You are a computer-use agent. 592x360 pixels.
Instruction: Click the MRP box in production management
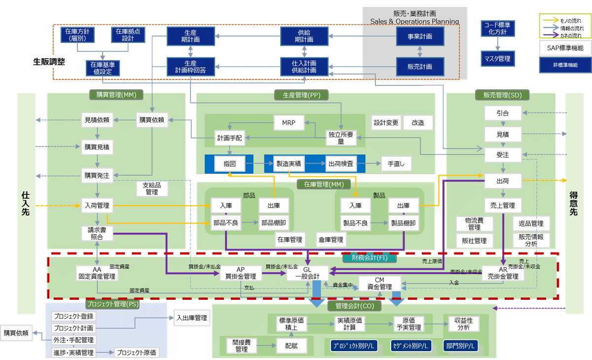point(289,123)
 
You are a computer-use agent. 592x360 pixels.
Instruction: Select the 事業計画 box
point(420,36)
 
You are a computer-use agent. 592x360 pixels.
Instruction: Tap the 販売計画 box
point(420,67)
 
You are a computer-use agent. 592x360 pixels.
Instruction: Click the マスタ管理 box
point(498,59)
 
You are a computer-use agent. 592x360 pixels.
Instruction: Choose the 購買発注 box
point(97,175)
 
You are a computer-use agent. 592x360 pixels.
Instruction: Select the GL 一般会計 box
point(307,272)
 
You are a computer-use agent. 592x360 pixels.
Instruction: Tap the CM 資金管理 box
point(379,284)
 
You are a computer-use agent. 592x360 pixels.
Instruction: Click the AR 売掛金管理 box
point(503,273)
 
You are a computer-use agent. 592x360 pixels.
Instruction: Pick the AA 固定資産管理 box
point(97,273)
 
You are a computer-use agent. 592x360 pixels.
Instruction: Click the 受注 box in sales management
point(503,154)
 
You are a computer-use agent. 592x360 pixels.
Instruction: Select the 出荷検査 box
point(340,163)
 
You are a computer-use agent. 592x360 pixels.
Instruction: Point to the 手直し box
point(396,163)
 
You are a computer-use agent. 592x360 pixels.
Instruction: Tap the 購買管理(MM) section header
point(116,95)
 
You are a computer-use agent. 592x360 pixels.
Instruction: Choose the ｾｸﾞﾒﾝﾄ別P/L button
point(410,346)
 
